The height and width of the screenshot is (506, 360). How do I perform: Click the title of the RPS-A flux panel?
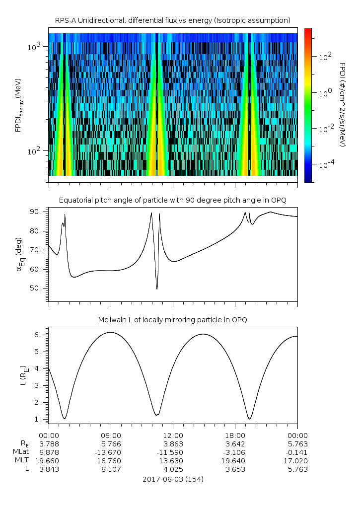pos(172,20)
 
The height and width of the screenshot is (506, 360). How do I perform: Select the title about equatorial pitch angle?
pos(172,200)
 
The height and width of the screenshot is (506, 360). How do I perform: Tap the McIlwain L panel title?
pos(172,319)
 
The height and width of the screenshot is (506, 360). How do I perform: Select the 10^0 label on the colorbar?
pos(325,93)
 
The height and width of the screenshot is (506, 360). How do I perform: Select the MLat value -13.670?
pos(111,452)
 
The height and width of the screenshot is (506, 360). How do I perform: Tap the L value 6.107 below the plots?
pos(111,469)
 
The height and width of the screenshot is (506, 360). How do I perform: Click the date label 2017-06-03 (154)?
pos(173,479)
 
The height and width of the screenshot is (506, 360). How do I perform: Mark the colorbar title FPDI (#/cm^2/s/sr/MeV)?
pos(343,105)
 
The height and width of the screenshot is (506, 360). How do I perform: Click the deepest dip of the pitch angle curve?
pos(157,289)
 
